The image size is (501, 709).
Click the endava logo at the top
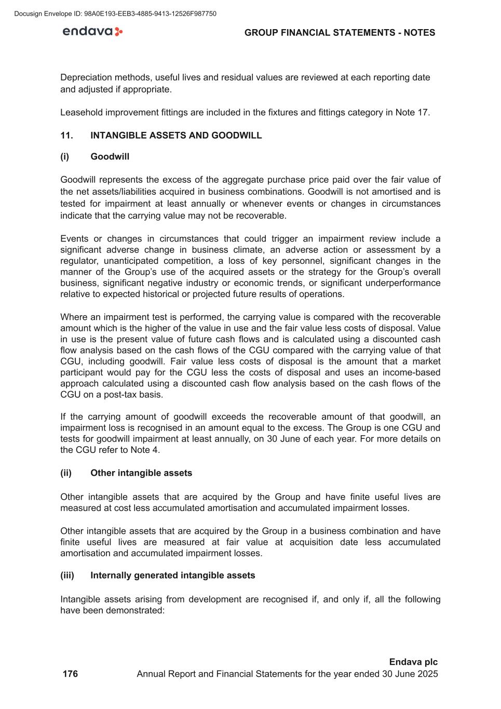[92, 32]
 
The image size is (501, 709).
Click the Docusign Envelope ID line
[116, 14]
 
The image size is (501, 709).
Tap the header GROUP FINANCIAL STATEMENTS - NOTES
[340, 33]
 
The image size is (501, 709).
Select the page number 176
[70, 674]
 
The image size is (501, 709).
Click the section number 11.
[66, 136]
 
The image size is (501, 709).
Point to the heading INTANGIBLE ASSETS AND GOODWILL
[176, 136]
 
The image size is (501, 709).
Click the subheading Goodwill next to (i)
[110, 157]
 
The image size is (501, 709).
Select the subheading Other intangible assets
[141, 473]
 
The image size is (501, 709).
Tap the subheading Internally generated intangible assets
[173, 576]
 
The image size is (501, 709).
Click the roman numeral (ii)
[66, 473]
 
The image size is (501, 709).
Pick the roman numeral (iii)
[67, 576]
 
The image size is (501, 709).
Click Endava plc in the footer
[413, 662]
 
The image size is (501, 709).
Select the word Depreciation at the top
[86, 77]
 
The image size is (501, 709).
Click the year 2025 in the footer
[427, 674]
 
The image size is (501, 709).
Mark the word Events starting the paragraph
[74, 239]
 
